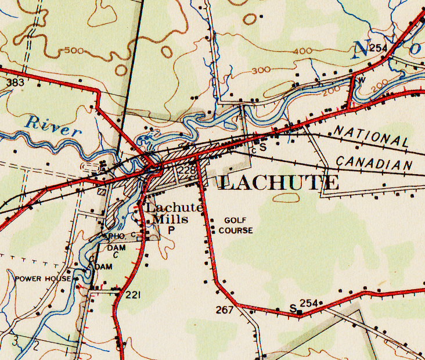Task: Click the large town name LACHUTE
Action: pos(279,183)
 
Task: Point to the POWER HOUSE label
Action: pos(43,279)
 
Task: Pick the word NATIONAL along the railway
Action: pos(372,136)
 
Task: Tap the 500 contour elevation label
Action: pos(74,51)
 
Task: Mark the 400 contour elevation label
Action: pos(302,52)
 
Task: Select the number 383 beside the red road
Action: pos(15,83)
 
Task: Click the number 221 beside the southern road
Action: pos(133,296)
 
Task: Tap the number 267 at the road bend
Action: pos(225,309)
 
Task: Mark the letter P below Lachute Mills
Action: pos(171,230)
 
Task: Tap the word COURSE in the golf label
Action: pos(236,231)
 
